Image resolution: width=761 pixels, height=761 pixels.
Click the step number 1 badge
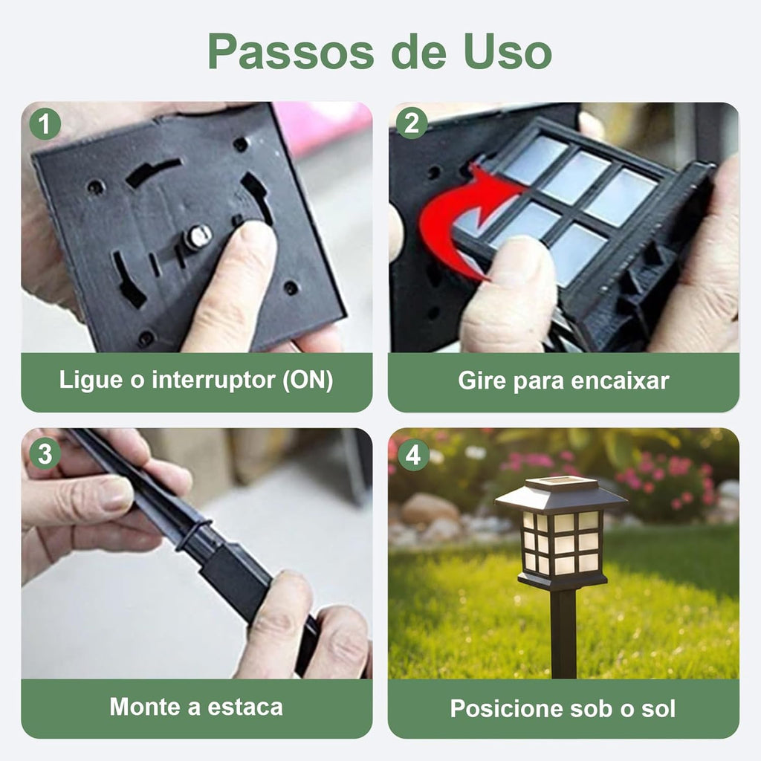(x=45, y=124)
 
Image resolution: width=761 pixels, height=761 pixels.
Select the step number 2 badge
(x=412, y=124)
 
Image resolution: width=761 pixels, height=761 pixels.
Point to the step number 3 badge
(x=45, y=453)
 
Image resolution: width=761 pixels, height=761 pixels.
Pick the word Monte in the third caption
(x=144, y=706)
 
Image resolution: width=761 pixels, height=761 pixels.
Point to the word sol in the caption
(x=658, y=708)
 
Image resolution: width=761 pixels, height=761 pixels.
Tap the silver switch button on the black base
(x=198, y=237)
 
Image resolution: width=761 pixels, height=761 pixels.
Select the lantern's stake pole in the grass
(x=563, y=632)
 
